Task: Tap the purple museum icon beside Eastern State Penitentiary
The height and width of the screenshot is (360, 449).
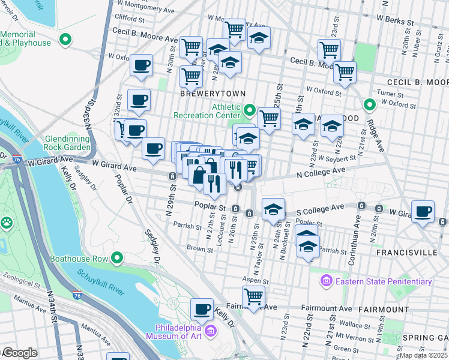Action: click(x=327, y=281)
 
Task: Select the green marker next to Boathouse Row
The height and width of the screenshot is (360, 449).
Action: click(x=117, y=259)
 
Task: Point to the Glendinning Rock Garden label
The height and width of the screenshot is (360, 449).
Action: click(x=67, y=142)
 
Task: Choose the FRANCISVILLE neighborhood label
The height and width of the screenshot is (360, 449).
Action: click(x=406, y=253)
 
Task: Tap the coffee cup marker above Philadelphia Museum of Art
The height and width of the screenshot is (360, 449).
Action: click(x=202, y=309)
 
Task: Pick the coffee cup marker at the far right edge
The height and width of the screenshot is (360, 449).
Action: click(x=424, y=211)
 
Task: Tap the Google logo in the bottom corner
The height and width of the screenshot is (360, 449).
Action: click(x=19, y=353)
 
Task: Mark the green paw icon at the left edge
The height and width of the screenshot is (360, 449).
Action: click(x=7, y=223)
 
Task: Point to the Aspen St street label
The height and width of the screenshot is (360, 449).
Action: click(x=255, y=280)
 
